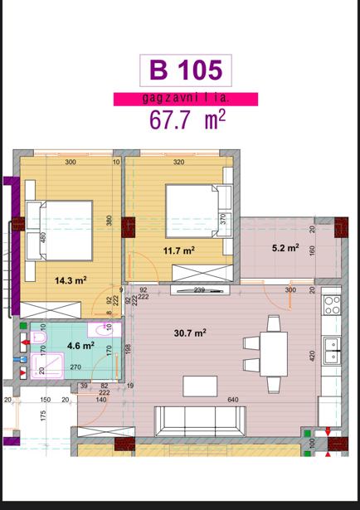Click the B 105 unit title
coord(186,70)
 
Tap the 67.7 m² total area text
coord(187,119)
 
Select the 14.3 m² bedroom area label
coord(71,280)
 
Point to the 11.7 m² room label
coord(179,250)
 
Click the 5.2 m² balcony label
coord(285,248)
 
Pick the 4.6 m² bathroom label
coord(80,345)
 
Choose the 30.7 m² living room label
coord(190,333)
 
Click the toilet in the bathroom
coord(38,338)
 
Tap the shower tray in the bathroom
coord(47,366)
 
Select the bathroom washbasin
coord(104,330)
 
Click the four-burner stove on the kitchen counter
coord(332,305)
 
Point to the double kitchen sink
coord(332,350)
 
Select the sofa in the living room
coord(200,421)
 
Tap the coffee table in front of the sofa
coord(200,386)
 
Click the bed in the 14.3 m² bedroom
coord(59,231)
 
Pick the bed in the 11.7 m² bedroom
coord(199,211)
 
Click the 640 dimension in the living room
coord(233,400)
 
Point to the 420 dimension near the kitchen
coord(313,357)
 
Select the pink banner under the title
coord(186,100)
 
